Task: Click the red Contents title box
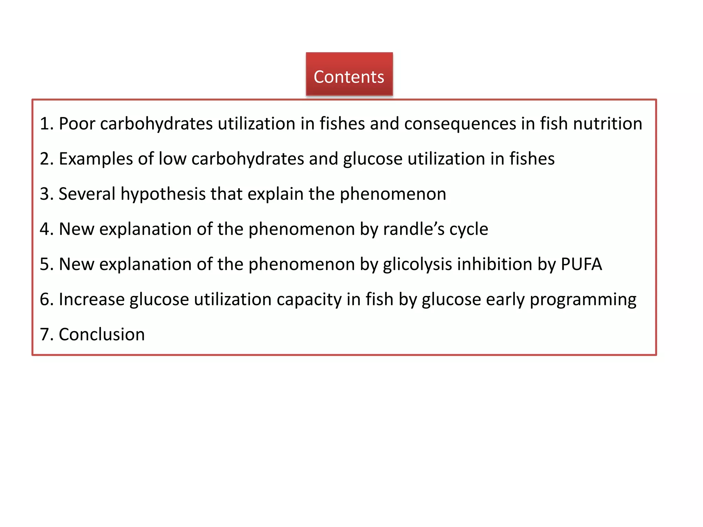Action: point(349,74)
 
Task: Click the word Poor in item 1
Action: point(77,124)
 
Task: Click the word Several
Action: point(87,194)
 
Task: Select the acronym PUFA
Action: point(581,264)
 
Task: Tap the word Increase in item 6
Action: point(92,299)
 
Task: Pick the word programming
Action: point(583,300)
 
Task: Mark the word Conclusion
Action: point(102,335)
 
